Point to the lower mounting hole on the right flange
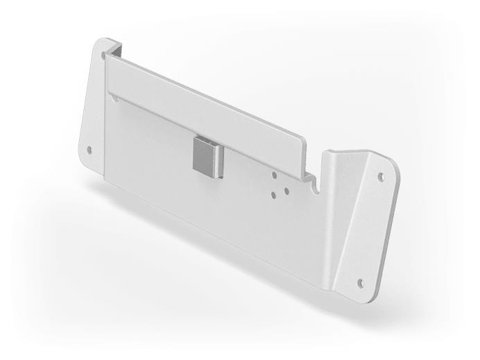(x=359, y=282)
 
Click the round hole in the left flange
(x=89, y=148)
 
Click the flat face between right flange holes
(x=371, y=229)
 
